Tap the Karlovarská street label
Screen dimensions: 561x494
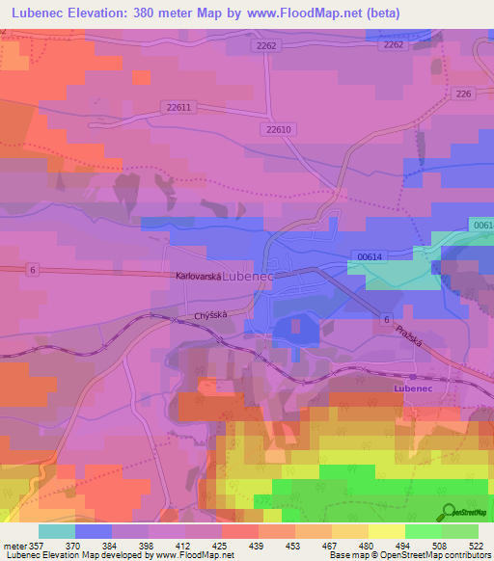point(198,276)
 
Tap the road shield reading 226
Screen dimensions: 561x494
point(463,93)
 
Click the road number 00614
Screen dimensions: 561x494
point(369,256)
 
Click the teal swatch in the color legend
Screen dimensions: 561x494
point(57,532)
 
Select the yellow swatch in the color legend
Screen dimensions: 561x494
point(387,532)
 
